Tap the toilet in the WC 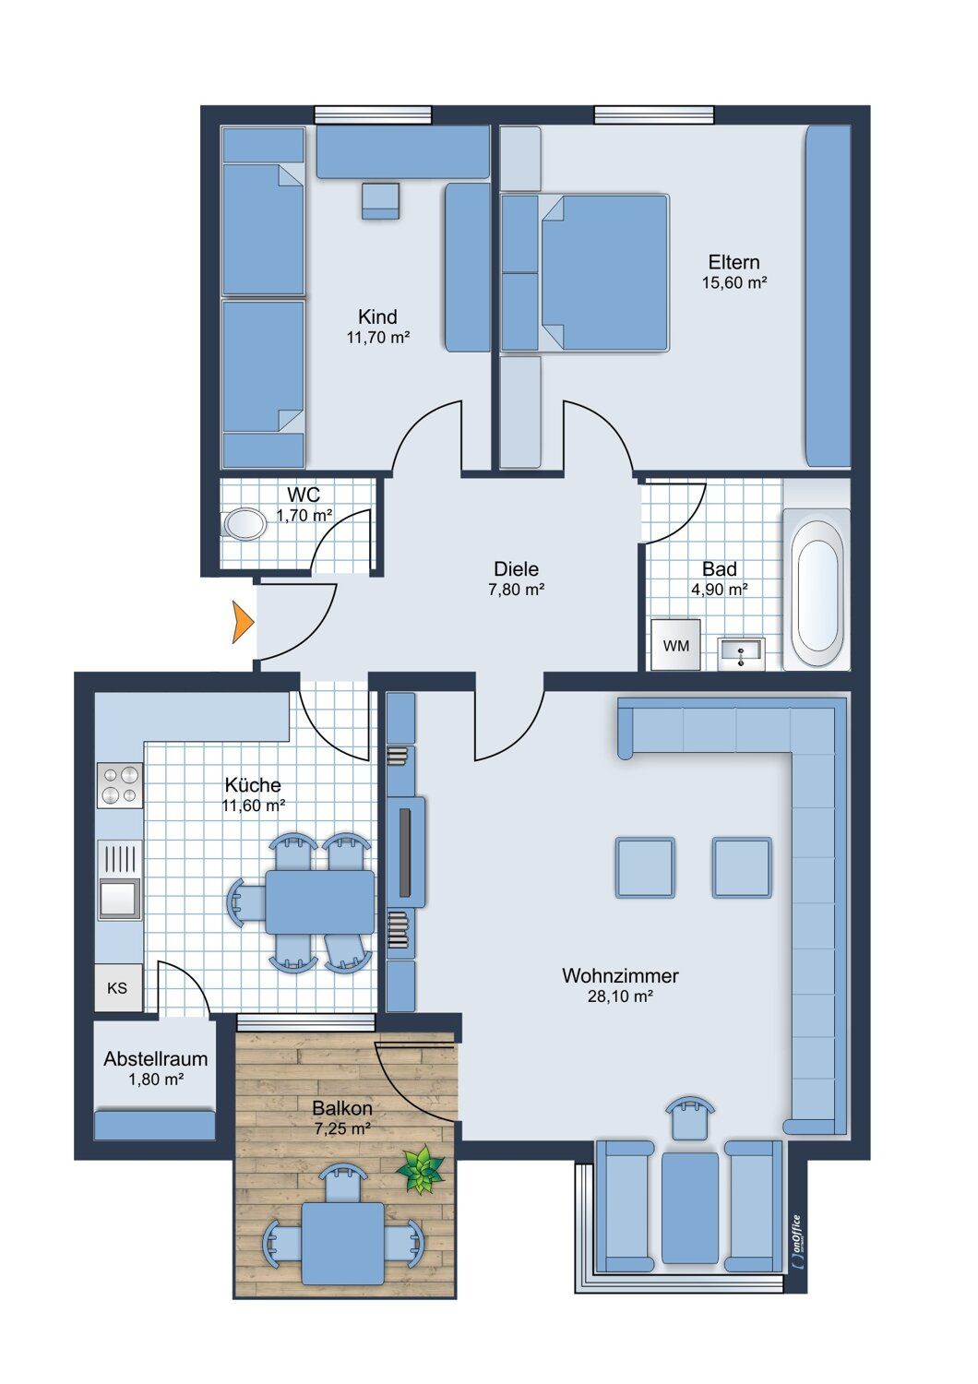tap(244, 525)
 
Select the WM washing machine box tap(676, 646)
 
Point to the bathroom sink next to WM tap(741, 654)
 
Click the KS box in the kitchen tap(118, 988)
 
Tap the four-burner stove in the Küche tap(120, 785)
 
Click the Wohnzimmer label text tap(620, 975)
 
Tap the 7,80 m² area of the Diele tap(516, 590)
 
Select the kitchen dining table tap(319, 902)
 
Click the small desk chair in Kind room tap(380, 201)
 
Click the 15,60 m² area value tap(734, 283)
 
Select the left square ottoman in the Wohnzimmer tap(644, 867)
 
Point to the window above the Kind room tap(373, 115)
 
